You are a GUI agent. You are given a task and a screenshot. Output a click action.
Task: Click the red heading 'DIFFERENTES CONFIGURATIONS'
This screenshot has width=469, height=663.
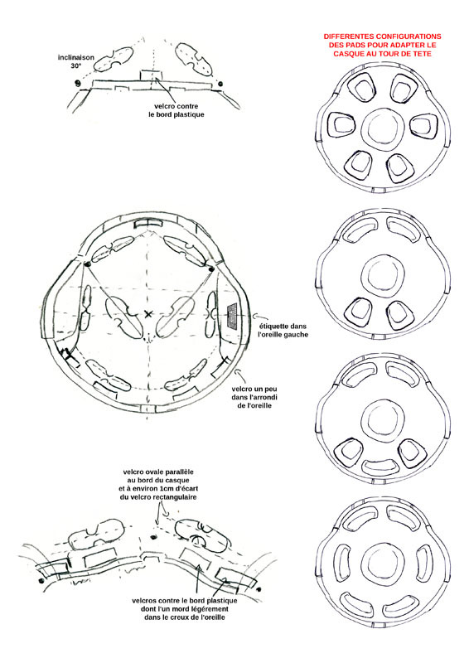tap(382, 36)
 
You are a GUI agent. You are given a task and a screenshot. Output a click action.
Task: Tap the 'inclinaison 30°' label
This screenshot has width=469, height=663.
tap(76, 61)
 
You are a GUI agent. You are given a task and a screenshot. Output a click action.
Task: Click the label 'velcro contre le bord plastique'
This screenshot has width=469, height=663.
tap(176, 110)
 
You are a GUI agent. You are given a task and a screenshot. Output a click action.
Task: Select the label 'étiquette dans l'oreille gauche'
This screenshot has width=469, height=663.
tap(283, 330)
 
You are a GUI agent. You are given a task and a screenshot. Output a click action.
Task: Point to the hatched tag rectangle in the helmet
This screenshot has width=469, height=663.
tap(233, 316)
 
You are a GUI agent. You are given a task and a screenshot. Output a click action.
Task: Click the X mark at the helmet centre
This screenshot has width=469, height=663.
tap(148, 314)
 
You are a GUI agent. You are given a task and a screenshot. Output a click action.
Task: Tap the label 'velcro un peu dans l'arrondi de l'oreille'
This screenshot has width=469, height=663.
tap(254, 397)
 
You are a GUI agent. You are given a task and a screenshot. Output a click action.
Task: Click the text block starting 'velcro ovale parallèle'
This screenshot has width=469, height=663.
tap(158, 484)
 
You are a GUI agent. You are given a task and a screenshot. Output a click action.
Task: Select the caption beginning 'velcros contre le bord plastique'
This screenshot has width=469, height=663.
tap(185, 609)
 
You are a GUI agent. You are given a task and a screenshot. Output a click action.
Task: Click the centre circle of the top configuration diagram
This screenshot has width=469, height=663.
tap(383, 128)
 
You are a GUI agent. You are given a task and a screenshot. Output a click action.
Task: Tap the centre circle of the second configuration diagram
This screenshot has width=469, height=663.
tap(383, 276)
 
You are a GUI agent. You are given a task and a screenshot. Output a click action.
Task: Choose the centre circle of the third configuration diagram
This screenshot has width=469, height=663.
tap(383, 421)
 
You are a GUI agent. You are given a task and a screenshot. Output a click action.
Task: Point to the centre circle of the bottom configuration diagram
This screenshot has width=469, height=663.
tap(383, 564)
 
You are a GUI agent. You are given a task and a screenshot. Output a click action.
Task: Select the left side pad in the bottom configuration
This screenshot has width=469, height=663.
tap(342, 562)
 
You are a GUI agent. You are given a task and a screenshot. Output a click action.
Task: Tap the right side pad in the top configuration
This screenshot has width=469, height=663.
tap(423, 125)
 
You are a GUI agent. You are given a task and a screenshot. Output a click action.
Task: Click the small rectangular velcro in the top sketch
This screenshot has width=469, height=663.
tap(150, 75)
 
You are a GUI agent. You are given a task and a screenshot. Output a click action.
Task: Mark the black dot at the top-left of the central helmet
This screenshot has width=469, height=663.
tap(87, 264)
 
